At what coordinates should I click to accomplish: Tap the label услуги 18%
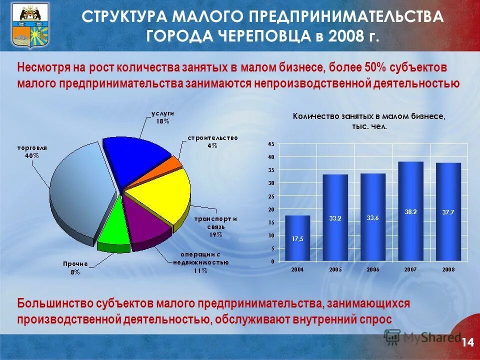161,117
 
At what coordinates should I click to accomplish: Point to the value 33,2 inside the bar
335,218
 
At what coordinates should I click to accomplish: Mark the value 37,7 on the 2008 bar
448,212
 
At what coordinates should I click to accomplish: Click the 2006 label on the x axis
372,269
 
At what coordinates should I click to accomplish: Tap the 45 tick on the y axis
271,144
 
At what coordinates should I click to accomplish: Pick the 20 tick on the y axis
271,209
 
